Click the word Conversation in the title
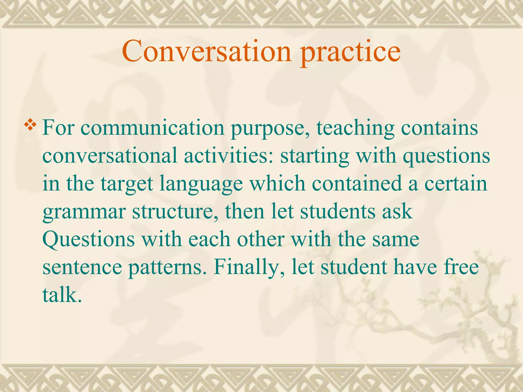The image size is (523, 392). click(x=206, y=52)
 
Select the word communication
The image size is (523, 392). click(x=152, y=128)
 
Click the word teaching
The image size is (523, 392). click(x=355, y=128)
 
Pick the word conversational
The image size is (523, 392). click(x=110, y=156)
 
